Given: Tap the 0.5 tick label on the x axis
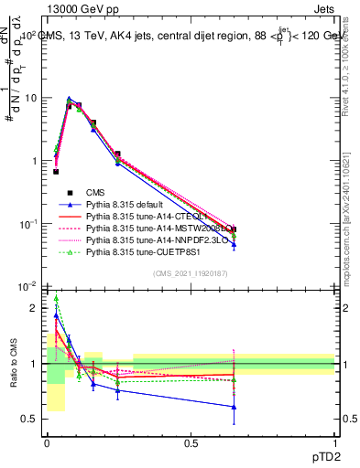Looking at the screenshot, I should (x=191, y=442).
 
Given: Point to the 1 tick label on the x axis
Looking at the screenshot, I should (x=334, y=442).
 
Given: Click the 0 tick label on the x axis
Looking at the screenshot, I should (x=47, y=442).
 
